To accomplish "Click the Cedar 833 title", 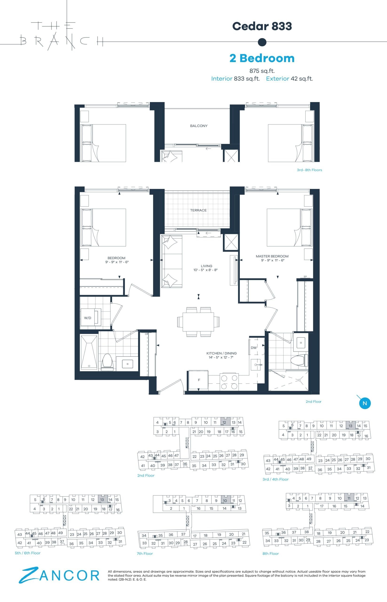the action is tap(262, 26).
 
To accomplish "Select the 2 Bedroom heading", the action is tap(262, 58).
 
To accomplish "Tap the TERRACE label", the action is tap(198, 210).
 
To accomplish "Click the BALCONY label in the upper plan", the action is tap(199, 126).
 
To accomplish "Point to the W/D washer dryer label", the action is tap(87, 318).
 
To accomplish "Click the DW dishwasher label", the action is tap(253, 348).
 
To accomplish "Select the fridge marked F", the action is tap(198, 380).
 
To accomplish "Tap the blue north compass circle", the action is tap(365, 403).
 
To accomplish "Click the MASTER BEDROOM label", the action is tap(272, 256).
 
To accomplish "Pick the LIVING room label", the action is tap(206, 266).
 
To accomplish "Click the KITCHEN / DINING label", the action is tap(221, 353).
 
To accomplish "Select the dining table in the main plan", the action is tap(198, 322).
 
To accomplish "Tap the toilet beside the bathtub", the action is tap(107, 362).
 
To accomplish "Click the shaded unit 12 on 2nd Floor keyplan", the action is tap(224, 423).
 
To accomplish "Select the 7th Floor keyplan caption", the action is tap(145, 554).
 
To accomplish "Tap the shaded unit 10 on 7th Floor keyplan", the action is tap(225, 501).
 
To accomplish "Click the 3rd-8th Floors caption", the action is tap(309, 170).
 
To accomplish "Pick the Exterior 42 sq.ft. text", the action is tap(289, 79).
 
